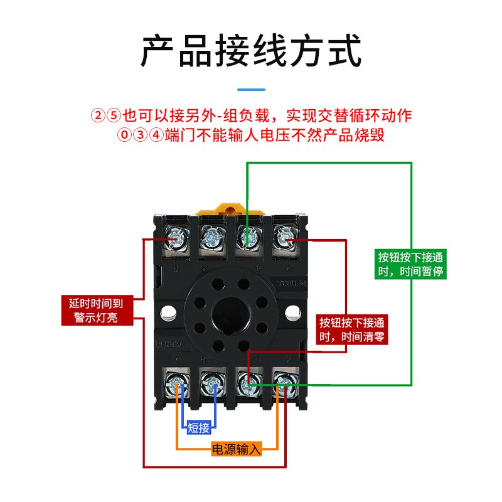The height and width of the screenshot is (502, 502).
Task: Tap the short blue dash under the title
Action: click(251, 89)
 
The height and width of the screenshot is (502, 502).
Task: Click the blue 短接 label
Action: click(198, 428)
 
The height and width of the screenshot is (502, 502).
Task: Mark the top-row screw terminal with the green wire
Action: click(248, 237)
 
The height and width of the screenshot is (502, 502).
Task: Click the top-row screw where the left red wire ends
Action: click(175, 237)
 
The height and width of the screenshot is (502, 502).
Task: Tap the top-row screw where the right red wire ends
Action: click(285, 237)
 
